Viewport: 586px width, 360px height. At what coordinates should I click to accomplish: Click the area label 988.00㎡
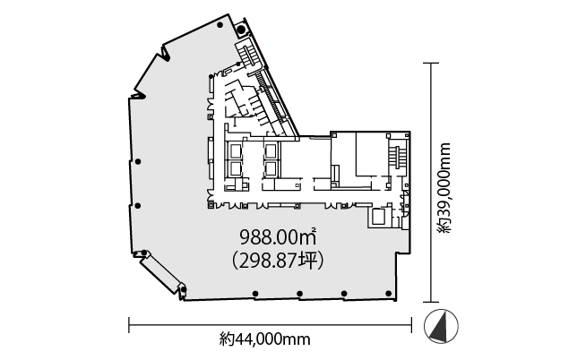pos(278,236)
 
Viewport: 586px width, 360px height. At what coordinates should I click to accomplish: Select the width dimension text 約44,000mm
pos(265,339)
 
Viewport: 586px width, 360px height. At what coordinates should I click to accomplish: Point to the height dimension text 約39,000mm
pos(445,188)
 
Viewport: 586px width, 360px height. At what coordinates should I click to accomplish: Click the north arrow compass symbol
pos(441,326)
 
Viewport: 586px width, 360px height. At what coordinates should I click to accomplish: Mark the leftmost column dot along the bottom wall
pos(255,294)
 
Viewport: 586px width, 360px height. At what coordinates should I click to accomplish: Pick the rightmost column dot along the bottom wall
pos(388,294)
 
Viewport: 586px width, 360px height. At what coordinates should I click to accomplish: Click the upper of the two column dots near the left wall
pos(138,162)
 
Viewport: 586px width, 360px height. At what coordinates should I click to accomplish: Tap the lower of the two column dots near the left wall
pos(137,206)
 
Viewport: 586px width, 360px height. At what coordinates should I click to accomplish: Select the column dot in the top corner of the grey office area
pos(220,25)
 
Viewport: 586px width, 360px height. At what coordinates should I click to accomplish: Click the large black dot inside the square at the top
pos(242,29)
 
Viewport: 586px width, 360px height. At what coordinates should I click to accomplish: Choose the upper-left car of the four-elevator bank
pos(235,151)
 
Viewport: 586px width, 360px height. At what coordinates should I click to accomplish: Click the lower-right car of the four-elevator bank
pos(271,169)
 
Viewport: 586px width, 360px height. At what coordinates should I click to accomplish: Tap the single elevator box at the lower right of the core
pos(378,217)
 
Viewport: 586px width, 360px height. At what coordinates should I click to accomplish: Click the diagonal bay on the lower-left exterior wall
pos(162,272)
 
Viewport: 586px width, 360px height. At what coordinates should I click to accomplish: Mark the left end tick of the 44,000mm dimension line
pos(129,325)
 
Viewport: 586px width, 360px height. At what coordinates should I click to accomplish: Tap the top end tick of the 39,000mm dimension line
pos(431,63)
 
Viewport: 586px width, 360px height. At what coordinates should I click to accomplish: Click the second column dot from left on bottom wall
pos(300,294)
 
